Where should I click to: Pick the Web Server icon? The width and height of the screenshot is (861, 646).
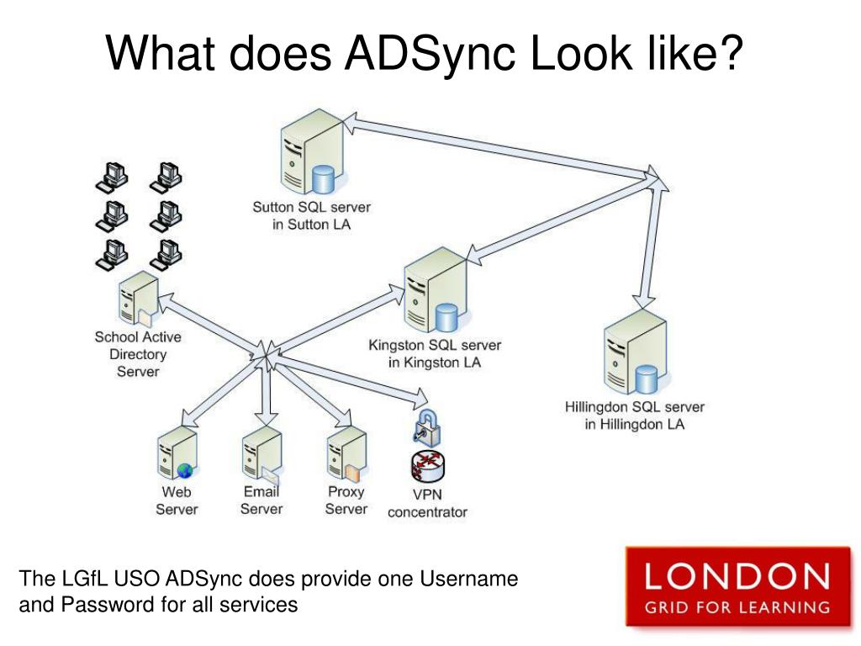pyautogui.click(x=177, y=454)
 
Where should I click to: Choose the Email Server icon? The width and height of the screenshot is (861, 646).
pyautogui.click(x=261, y=454)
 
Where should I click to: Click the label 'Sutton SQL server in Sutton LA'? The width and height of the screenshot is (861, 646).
pyautogui.click(x=311, y=215)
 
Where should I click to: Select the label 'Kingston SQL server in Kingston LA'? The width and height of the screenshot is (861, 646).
pyautogui.click(x=435, y=354)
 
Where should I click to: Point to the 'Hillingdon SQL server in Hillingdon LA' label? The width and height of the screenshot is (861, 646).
pyautogui.click(x=635, y=416)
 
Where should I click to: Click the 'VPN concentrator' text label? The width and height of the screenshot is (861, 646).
pyautogui.click(x=427, y=503)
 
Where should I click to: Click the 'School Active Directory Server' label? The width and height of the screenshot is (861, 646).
pyautogui.click(x=138, y=354)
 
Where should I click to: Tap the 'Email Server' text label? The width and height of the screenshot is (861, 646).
pyautogui.click(x=261, y=500)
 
